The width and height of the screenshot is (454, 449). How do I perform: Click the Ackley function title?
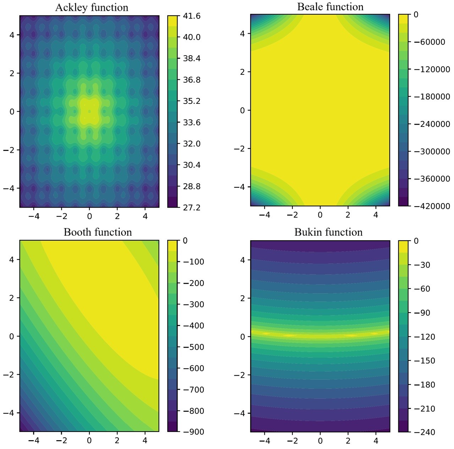92,7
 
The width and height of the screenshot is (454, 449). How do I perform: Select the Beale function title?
330,7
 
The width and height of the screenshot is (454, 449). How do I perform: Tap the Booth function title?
98,232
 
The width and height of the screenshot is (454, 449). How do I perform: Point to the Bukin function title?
328,232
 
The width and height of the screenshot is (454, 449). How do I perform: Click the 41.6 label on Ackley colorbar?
192,16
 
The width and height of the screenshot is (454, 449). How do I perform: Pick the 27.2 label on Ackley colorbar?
192,207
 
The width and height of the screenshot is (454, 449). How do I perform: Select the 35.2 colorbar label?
192,101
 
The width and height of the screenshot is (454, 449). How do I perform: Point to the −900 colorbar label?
193,432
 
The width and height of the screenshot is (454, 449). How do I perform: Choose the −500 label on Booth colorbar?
193,347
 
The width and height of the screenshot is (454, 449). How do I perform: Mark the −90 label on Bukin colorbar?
422,313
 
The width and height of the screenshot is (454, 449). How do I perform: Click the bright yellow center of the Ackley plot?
89,111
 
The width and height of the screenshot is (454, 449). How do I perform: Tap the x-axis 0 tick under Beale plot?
320,215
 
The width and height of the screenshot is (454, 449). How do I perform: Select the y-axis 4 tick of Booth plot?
11,259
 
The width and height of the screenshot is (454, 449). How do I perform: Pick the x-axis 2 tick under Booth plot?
117,440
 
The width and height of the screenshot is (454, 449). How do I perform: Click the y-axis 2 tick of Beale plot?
242,72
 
